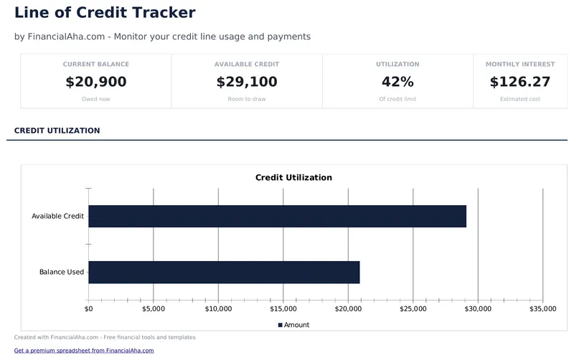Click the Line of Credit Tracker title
click(105, 12)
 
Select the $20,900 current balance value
click(96, 82)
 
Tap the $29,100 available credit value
click(247, 82)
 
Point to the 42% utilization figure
click(397, 82)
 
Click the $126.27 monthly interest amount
click(520, 82)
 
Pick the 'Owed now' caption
click(96, 99)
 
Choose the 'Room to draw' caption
click(247, 99)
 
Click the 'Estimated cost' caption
click(520, 99)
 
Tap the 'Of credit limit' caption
click(397, 99)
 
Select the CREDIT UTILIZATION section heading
click(57, 131)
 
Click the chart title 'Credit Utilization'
click(293, 177)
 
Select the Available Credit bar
click(277, 216)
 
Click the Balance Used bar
click(224, 272)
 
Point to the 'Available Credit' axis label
click(58, 216)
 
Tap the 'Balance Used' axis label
click(62, 272)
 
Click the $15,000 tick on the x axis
click(283, 309)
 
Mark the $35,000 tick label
click(542, 309)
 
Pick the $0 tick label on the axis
click(88, 309)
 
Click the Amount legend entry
click(293, 325)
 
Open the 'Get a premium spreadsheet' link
click(84, 351)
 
